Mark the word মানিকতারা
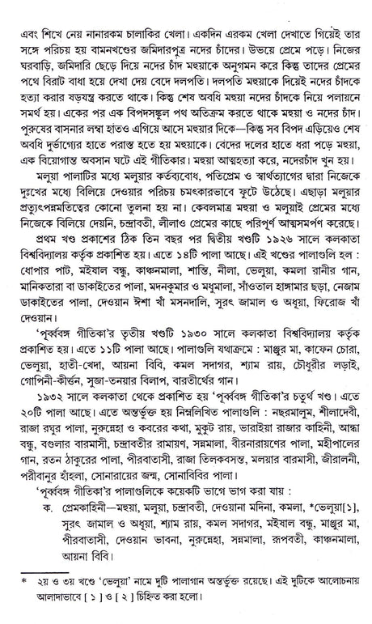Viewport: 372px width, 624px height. (x=48, y=272)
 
